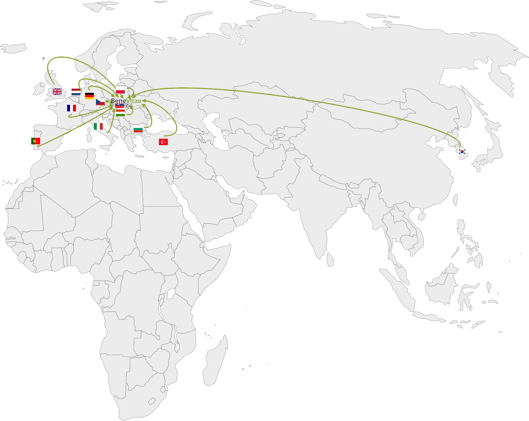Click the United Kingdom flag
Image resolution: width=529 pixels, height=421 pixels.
pos(57,92)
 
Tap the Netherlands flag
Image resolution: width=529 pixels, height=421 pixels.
pos(76,92)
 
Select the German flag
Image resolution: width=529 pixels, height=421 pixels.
pos(89,96)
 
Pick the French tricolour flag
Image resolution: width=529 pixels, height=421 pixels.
pos(72,108)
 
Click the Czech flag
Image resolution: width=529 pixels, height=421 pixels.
pos(100,102)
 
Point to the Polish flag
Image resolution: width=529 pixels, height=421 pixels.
pos(120,90)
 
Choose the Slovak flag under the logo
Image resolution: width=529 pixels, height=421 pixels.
pos(119,105)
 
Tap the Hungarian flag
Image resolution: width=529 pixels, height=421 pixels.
pos(120,113)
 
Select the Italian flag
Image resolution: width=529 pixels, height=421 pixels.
pos(98,127)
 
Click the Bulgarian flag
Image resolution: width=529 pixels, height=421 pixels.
pos(138,129)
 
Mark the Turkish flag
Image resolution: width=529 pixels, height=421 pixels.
pos(163,142)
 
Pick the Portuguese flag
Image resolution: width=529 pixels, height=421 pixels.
pos(36,141)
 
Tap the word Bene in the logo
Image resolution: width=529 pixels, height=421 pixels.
pos(118,101)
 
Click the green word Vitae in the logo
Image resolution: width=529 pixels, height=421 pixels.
pos(134,101)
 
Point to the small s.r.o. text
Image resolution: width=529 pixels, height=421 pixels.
pos(139,105)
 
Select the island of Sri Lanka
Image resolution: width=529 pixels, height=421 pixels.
pos(330,260)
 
